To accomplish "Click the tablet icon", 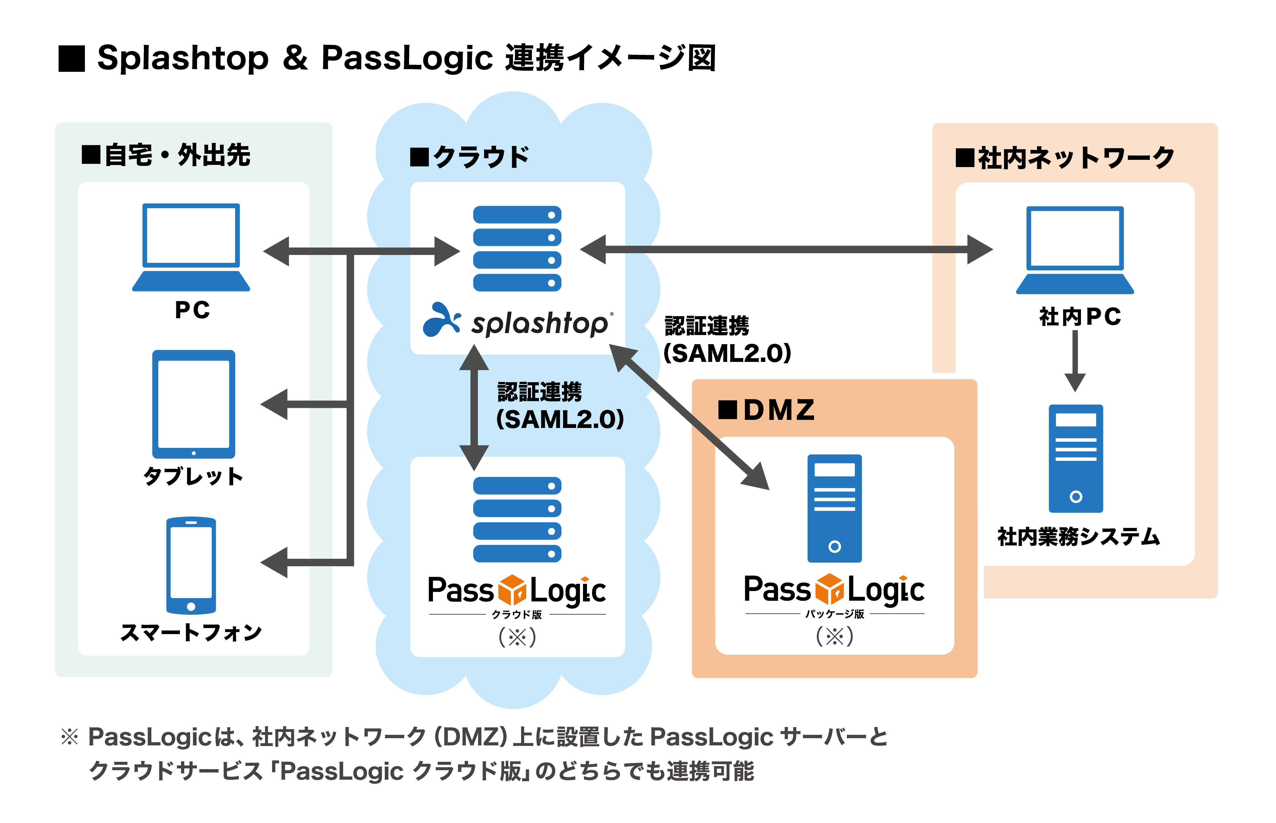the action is point(193,404).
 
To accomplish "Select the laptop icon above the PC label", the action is point(191,247).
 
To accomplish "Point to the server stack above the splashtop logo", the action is point(517,249).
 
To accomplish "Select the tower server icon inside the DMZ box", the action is point(834,508).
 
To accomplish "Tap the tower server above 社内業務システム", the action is point(1076,459).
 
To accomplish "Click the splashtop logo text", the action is point(539,323).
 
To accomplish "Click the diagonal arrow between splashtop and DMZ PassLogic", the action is point(689,417).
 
